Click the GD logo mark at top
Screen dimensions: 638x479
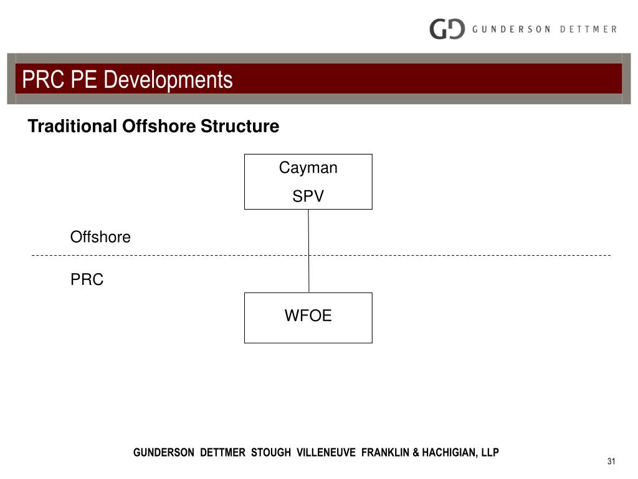click(447, 29)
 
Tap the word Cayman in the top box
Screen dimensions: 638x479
click(308, 168)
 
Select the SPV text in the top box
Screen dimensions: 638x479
click(308, 196)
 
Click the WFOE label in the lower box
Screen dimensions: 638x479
click(308, 316)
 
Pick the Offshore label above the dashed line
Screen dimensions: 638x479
click(100, 237)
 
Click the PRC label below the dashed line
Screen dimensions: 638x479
click(87, 280)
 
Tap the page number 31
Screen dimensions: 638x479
click(611, 462)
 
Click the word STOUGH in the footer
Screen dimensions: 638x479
click(270, 453)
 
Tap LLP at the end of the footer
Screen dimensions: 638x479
click(490, 453)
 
